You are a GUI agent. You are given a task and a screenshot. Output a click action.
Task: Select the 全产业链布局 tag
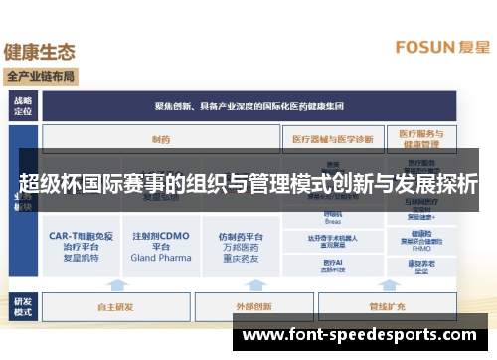pos(41,76)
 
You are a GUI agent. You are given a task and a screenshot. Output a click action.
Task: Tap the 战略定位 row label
pos(22,105)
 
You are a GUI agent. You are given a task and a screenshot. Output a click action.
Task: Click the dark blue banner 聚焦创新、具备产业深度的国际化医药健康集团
pos(248,105)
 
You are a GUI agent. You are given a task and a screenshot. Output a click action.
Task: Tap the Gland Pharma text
pos(160,257)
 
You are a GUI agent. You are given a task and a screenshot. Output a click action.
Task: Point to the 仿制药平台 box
pos(241,246)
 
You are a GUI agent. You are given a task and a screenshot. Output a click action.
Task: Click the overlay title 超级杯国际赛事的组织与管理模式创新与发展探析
pos(248,183)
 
